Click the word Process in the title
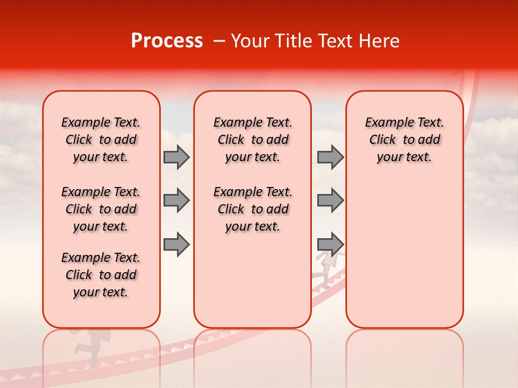[x=167, y=41]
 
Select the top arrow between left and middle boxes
[x=176, y=157]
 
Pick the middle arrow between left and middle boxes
[x=176, y=200]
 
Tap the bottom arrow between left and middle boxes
[x=176, y=244]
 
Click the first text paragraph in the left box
[x=101, y=140]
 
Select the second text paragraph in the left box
[x=101, y=209]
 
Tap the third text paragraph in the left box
[x=101, y=275]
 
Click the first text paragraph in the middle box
[x=253, y=140]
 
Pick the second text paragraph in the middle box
[x=253, y=209]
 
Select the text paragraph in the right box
[x=405, y=140]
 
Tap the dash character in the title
[x=220, y=41]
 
